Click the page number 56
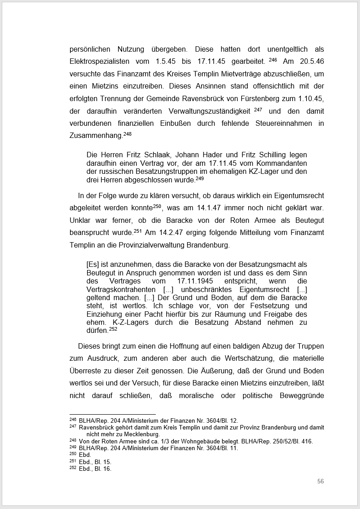coord(320,481)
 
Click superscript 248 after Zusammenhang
coord(127,133)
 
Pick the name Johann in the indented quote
coord(179,155)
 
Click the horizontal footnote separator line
coord(112,414)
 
